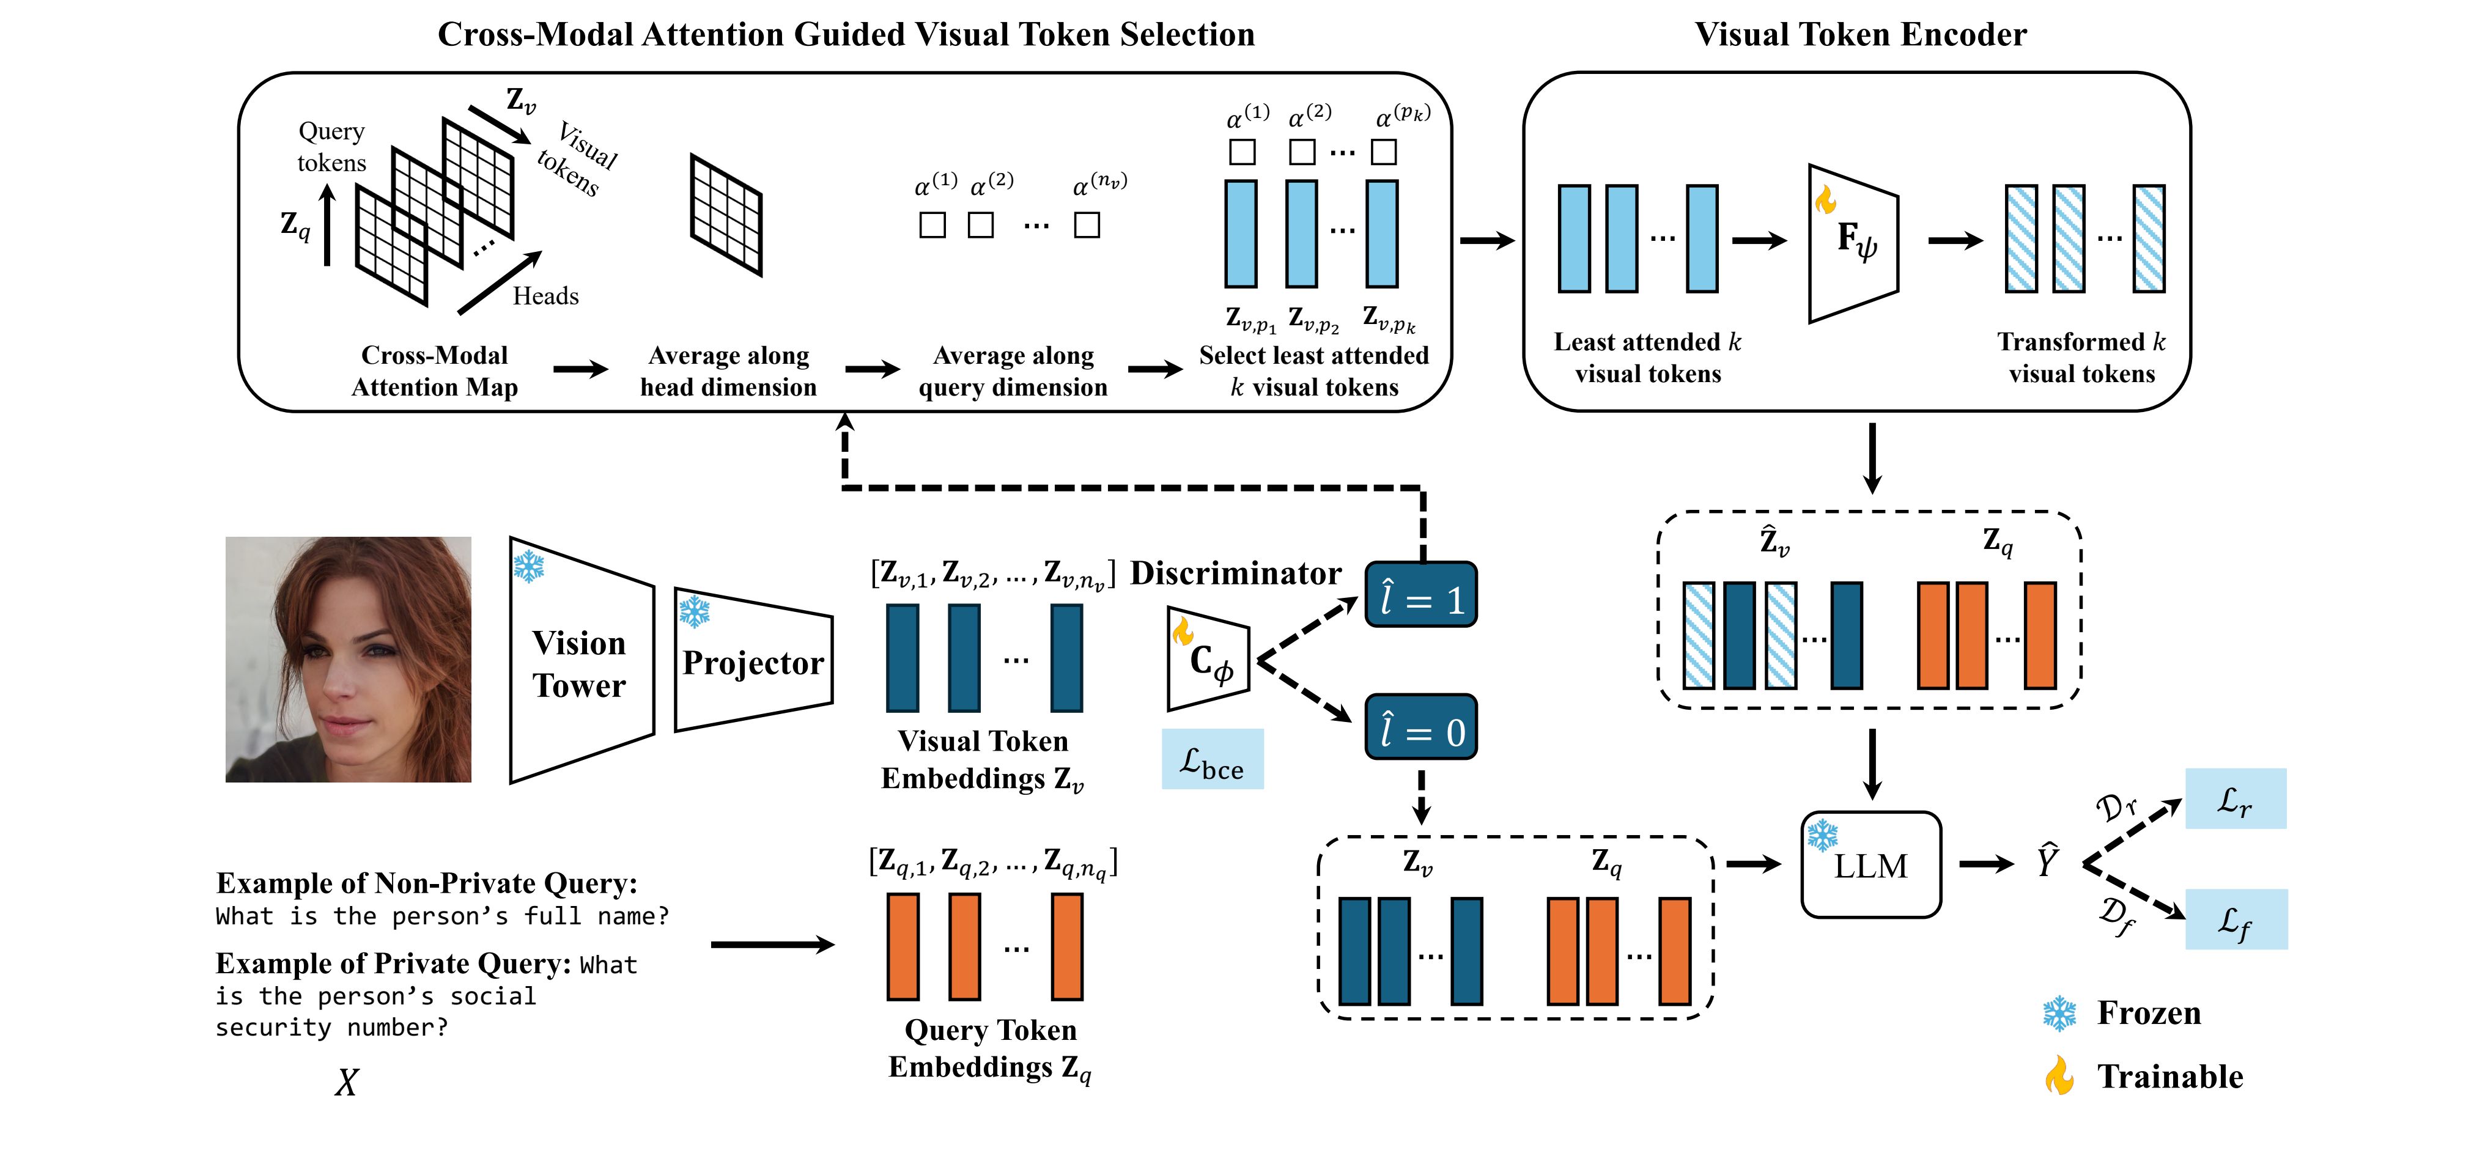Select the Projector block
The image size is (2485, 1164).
(x=753, y=661)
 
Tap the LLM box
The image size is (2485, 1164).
(x=1870, y=865)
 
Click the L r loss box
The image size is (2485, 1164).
(x=2234, y=798)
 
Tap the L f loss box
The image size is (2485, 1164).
(x=2235, y=919)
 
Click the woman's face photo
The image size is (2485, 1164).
(x=349, y=660)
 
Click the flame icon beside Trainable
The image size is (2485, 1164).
(x=2059, y=1075)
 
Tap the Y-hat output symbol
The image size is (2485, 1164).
(x=2047, y=860)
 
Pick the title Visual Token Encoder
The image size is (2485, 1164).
(x=1860, y=35)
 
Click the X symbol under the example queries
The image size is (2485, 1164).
(x=346, y=1082)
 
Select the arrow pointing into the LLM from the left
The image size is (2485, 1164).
(x=1753, y=864)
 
